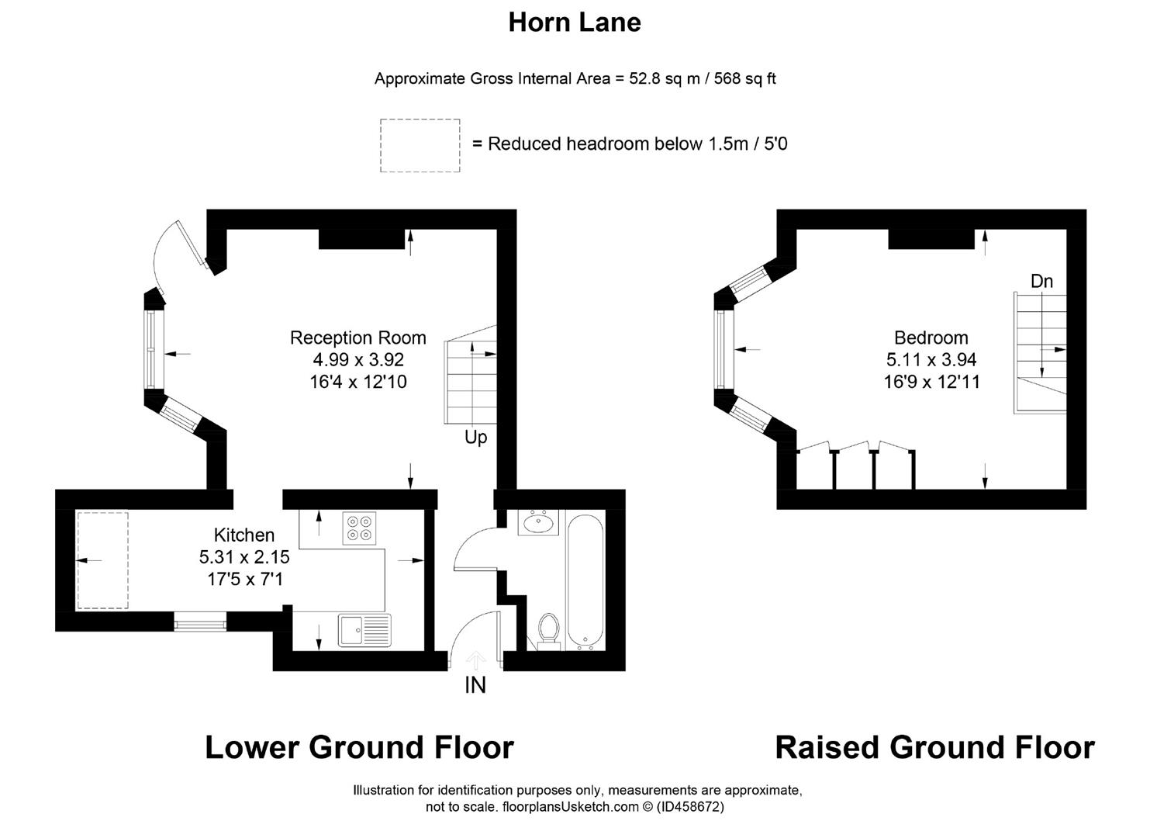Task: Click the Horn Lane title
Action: [x=575, y=23]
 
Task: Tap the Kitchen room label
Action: [x=243, y=535]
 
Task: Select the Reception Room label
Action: [x=357, y=338]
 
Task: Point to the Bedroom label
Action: [x=931, y=338]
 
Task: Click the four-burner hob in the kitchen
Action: [x=359, y=528]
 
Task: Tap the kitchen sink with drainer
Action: [x=364, y=630]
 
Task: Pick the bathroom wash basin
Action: [x=537, y=523]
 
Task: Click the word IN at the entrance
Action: [x=475, y=685]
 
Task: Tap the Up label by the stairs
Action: [x=475, y=438]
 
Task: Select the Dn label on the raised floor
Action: [x=1041, y=281]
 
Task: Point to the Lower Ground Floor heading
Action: [x=359, y=747]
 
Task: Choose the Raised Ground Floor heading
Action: [x=935, y=747]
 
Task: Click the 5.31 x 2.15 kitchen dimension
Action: [x=244, y=557]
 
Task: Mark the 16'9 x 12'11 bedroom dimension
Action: [x=931, y=382]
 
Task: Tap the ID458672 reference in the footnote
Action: [x=690, y=807]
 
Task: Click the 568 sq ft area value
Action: [x=744, y=78]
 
